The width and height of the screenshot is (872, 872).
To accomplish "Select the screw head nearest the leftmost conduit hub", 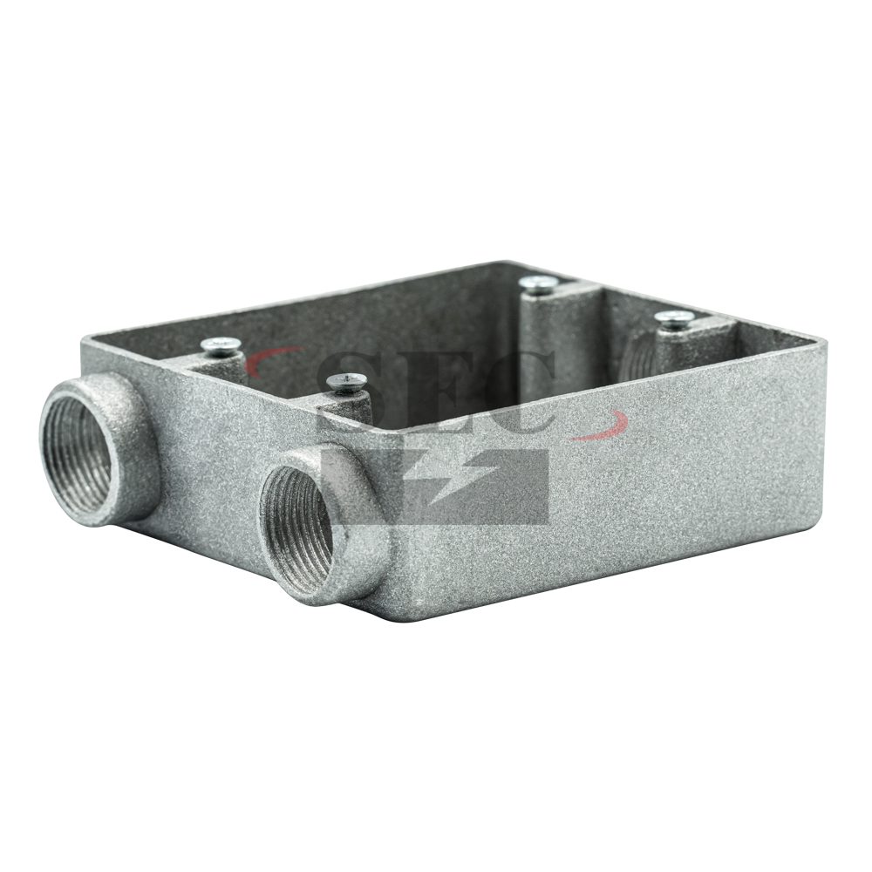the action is pos(221,345).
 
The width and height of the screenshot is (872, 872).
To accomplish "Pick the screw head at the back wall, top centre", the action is pos(538,283).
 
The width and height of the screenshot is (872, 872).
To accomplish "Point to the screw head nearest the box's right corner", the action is pos(673,318).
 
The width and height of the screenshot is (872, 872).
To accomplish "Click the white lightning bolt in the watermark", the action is pos(445,481).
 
